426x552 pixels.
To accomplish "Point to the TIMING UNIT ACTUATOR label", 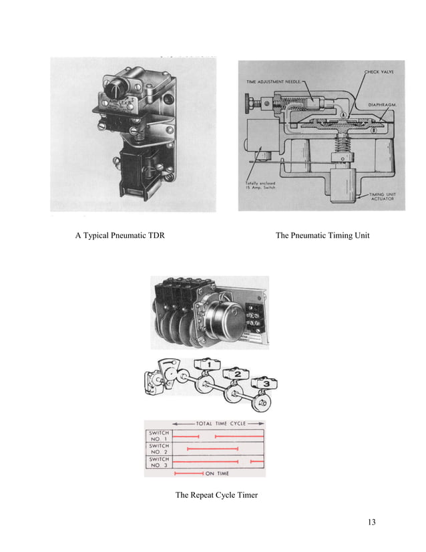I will point(385,196).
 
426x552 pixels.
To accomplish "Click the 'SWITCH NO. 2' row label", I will point(159,448).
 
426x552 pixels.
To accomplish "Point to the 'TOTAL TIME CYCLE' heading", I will point(220,424).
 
